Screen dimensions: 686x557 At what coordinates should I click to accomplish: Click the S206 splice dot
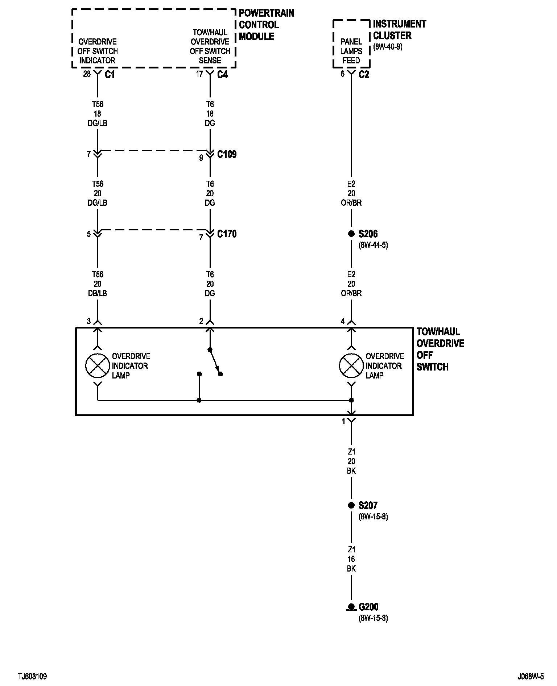point(351,234)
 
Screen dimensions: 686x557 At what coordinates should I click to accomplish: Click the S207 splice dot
point(351,505)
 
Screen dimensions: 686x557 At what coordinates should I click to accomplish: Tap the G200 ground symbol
point(351,607)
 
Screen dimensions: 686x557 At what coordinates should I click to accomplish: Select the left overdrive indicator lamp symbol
point(98,365)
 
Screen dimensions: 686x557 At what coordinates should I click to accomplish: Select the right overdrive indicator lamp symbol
point(351,365)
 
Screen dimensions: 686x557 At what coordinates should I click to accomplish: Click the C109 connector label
point(227,155)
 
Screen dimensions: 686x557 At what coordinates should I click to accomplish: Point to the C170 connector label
point(227,234)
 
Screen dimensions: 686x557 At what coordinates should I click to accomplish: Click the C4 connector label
point(222,75)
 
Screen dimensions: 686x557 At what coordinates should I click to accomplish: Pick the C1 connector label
point(110,75)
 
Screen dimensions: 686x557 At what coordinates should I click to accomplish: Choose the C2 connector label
point(364,75)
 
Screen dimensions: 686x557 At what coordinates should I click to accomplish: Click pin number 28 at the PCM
point(87,74)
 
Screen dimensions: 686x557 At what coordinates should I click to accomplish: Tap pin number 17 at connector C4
point(199,74)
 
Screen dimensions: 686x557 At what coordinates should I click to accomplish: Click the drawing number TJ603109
point(32,677)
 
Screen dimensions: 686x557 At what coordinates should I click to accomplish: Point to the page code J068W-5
point(531,677)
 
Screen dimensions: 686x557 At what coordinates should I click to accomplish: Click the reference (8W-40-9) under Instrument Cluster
point(388,47)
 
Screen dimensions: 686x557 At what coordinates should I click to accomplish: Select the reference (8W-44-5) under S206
point(373,245)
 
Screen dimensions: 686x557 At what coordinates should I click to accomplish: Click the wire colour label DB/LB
point(98,293)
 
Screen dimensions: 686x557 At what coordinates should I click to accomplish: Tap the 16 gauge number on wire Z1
point(351,559)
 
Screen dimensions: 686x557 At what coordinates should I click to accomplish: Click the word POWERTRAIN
point(267,13)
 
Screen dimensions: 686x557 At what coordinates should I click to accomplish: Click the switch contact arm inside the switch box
point(215,361)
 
